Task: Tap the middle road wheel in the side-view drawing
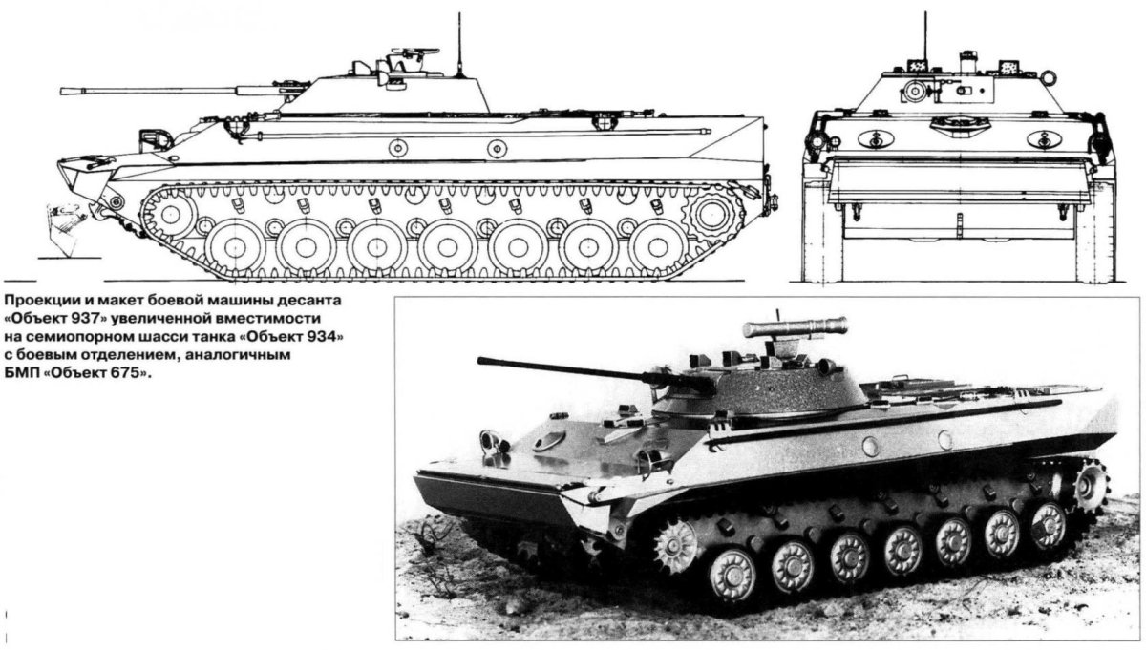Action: click(x=447, y=247)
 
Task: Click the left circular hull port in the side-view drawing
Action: click(x=397, y=148)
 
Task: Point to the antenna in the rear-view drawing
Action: click(x=924, y=38)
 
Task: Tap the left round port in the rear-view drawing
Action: click(x=871, y=138)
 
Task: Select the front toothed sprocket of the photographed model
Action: click(x=677, y=547)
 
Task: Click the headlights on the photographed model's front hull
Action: click(x=494, y=441)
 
